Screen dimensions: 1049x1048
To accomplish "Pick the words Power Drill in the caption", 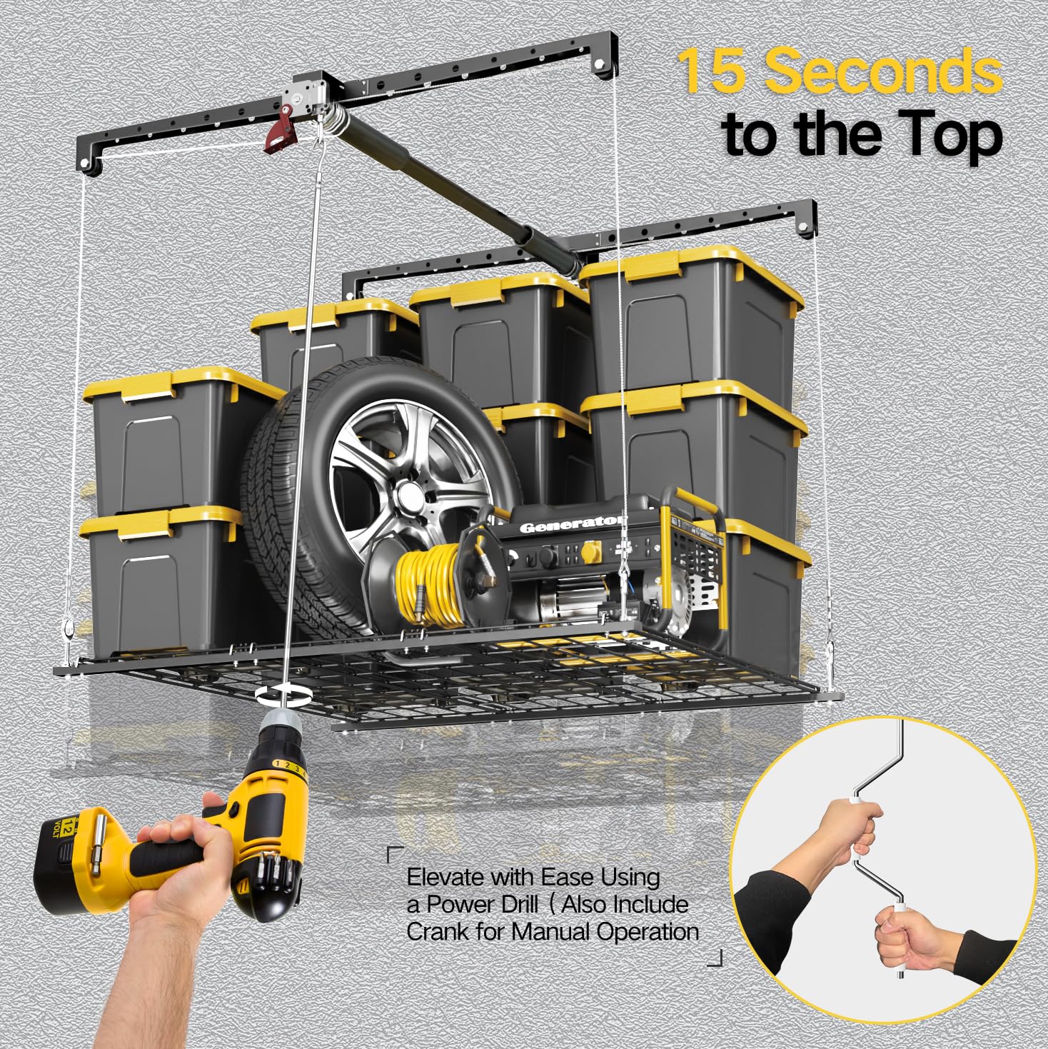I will [482, 904].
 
